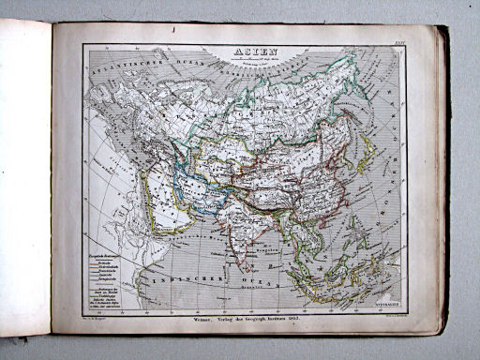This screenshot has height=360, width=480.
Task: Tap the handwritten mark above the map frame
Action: tap(176, 33)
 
